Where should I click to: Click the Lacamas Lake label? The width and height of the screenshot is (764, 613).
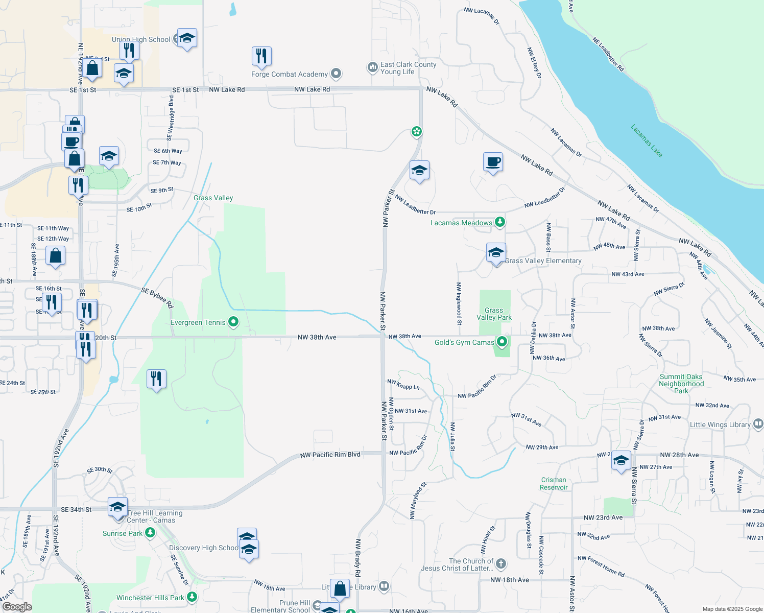(x=647, y=140)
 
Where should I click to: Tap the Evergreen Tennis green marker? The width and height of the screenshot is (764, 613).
(x=233, y=322)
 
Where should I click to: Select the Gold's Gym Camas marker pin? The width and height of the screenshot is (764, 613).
(x=502, y=342)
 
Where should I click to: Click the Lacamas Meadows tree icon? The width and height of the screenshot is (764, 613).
(x=500, y=222)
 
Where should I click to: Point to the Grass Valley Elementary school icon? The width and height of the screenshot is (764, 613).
(x=495, y=252)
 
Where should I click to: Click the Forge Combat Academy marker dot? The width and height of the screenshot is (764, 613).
(x=336, y=74)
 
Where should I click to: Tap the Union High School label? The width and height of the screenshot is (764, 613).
(x=141, y=39)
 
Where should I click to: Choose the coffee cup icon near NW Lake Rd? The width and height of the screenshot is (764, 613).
(x=493, y=162)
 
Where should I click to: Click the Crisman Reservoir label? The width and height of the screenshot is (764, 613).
(x=554, y=484)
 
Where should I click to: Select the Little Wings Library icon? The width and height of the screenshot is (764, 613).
(x=758, y=424)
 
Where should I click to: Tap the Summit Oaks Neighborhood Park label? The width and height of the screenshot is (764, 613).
(x=681, y=384)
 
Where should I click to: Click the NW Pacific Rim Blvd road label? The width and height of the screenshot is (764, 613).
(x=330, y=455)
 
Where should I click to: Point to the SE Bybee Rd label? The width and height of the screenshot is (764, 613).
(x=157, y=298)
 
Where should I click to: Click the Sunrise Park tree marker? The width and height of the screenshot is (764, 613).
(x=150, y=533)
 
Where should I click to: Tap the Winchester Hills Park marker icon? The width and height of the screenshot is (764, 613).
(x=192, y=597)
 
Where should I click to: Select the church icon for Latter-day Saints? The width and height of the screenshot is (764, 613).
(x=501, y=564)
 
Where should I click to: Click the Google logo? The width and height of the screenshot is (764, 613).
(x=17, y=607)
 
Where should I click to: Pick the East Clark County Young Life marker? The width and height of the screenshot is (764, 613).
(x=372, y=67)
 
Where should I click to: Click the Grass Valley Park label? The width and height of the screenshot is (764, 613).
(x=494, y=314)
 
